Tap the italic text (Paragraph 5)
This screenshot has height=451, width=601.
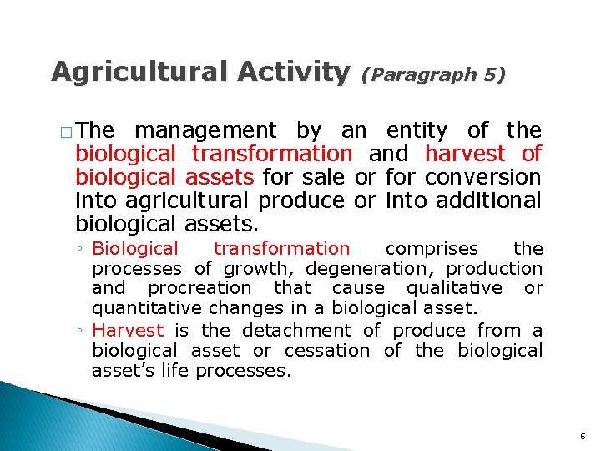coord(433,74)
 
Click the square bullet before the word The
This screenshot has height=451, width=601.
coord(66,132)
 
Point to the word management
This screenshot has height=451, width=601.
coord(205,130)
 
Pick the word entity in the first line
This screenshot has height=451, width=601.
coord(417,130)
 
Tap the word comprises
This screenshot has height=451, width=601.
coord(432,248)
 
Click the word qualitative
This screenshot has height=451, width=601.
coord(454,288)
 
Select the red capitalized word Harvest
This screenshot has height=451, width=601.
coord(128,330)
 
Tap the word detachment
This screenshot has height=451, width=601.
coord(291,330)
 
